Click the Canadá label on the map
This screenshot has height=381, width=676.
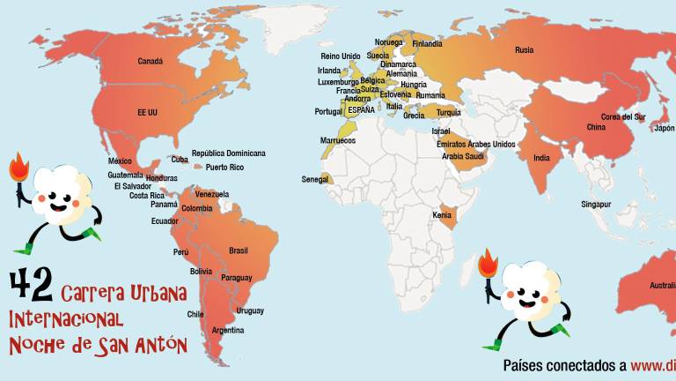coord(151,62)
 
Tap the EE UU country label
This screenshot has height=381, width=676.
coord(147,113)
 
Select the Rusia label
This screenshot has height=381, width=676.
coord(524,50)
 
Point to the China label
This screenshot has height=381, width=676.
coord(596,127)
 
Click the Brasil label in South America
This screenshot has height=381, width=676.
coord(239,250)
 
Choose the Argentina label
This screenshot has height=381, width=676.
coord(228,330)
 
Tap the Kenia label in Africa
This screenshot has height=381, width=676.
coord(442,215)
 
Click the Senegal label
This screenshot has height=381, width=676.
coord(314,179)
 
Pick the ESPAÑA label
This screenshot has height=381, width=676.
coord(361,109)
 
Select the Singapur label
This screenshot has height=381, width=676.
coord(596,204)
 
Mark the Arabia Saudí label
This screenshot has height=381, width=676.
coord(463,156)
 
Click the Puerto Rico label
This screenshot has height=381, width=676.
coord(224,168)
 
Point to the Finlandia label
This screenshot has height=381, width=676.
coord(427,44)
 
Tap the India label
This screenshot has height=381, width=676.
coord(542,158)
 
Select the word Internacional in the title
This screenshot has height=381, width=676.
coord(66,317)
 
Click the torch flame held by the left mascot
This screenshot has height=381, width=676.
coord(18,165)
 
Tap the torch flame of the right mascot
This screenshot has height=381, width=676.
coord(489,263)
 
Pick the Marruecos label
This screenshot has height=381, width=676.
coord(337,140)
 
